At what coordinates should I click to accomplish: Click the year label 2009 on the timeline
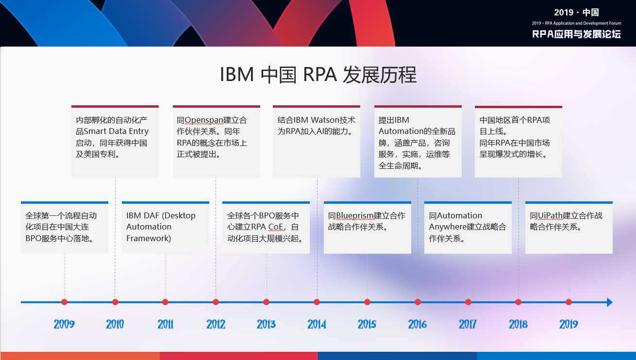(x=64, y=324)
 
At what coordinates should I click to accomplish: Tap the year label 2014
(x=317, y=324)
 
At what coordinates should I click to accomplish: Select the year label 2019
(x=569, y=324)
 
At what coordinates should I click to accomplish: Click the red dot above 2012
(x=216, y=302)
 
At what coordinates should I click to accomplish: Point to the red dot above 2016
(x=418, y=302)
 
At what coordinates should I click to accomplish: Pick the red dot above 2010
(x=115, y=302)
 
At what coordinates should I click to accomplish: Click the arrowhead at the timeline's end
(x=610, y=302)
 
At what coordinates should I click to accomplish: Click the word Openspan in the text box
(x=204, y=120)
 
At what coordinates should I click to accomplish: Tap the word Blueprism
(x=354, y=216)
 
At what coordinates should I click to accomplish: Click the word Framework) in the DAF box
(x=149, y=238)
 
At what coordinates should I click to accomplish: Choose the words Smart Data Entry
(x=116, y=131)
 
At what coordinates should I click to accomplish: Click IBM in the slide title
(x=237, y=75)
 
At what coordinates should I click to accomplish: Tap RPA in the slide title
(x=320, y=75)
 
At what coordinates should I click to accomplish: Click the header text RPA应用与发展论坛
(x=576, y=34)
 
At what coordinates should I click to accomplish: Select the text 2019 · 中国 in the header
(x=576, y=13)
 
